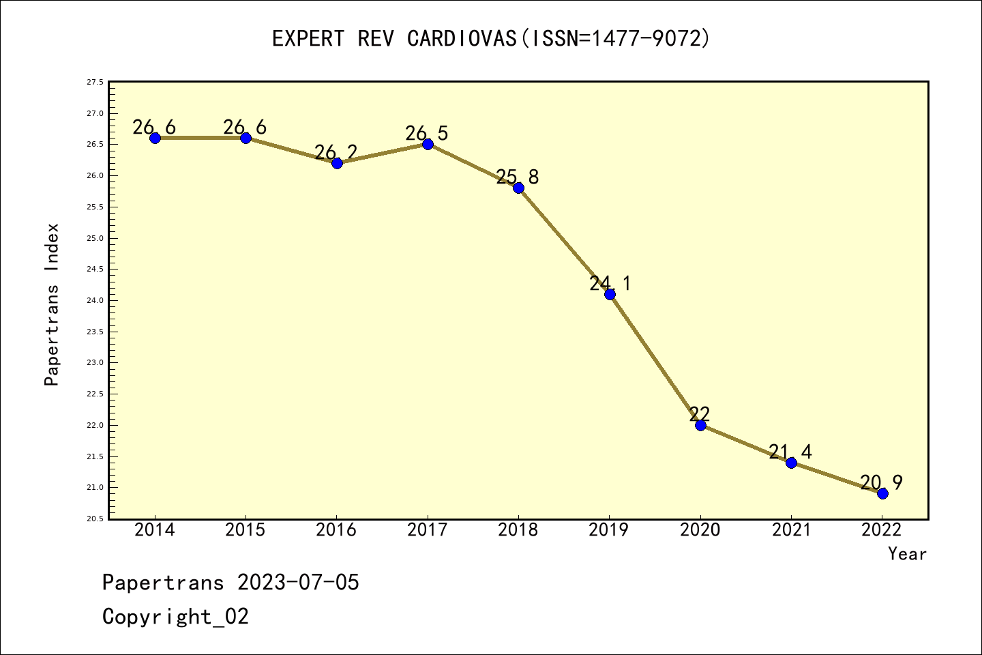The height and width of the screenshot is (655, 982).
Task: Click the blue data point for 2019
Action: pos(610,294)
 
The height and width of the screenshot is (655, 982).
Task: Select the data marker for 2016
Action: pos(337,163)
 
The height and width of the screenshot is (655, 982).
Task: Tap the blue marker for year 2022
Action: pos(882,493)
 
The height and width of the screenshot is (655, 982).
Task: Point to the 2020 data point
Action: pos(700,425)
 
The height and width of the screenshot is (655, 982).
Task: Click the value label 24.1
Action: pos(610,283)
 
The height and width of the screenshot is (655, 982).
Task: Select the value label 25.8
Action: pos(518,177)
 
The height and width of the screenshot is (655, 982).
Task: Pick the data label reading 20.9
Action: pos(881,483)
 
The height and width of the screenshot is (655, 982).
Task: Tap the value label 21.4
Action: pos(790,452)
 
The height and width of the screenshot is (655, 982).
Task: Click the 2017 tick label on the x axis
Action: pos(428,530)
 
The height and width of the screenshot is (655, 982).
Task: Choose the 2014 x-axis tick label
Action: pos(155,530)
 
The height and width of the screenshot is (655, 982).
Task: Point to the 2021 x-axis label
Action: pos(791,530)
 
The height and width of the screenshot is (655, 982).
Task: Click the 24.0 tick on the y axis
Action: pos(95,300)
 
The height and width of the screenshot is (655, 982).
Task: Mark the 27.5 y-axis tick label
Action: pos(95,82)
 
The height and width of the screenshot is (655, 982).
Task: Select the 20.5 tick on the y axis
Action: pos(95,519)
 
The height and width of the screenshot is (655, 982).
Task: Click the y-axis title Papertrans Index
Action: pos(52,304)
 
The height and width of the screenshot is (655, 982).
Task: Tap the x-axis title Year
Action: pos(907,554)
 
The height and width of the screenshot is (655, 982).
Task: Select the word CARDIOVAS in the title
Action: pos(462,39)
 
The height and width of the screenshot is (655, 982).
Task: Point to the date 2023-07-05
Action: pos(298,583)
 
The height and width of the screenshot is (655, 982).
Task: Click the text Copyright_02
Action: pos(175,617)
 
